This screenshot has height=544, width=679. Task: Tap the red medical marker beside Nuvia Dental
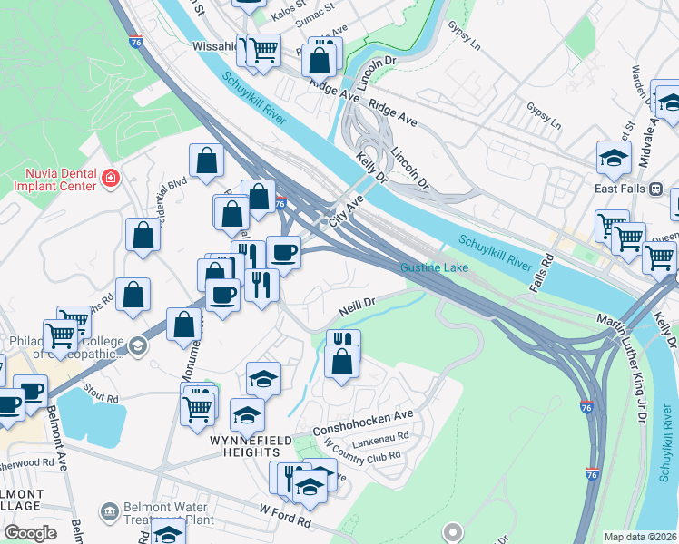[x=111, y=178]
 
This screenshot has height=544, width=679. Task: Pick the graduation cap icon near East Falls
[x=614, y=157]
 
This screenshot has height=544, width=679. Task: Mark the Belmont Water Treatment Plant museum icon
[x=109, y=511]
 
